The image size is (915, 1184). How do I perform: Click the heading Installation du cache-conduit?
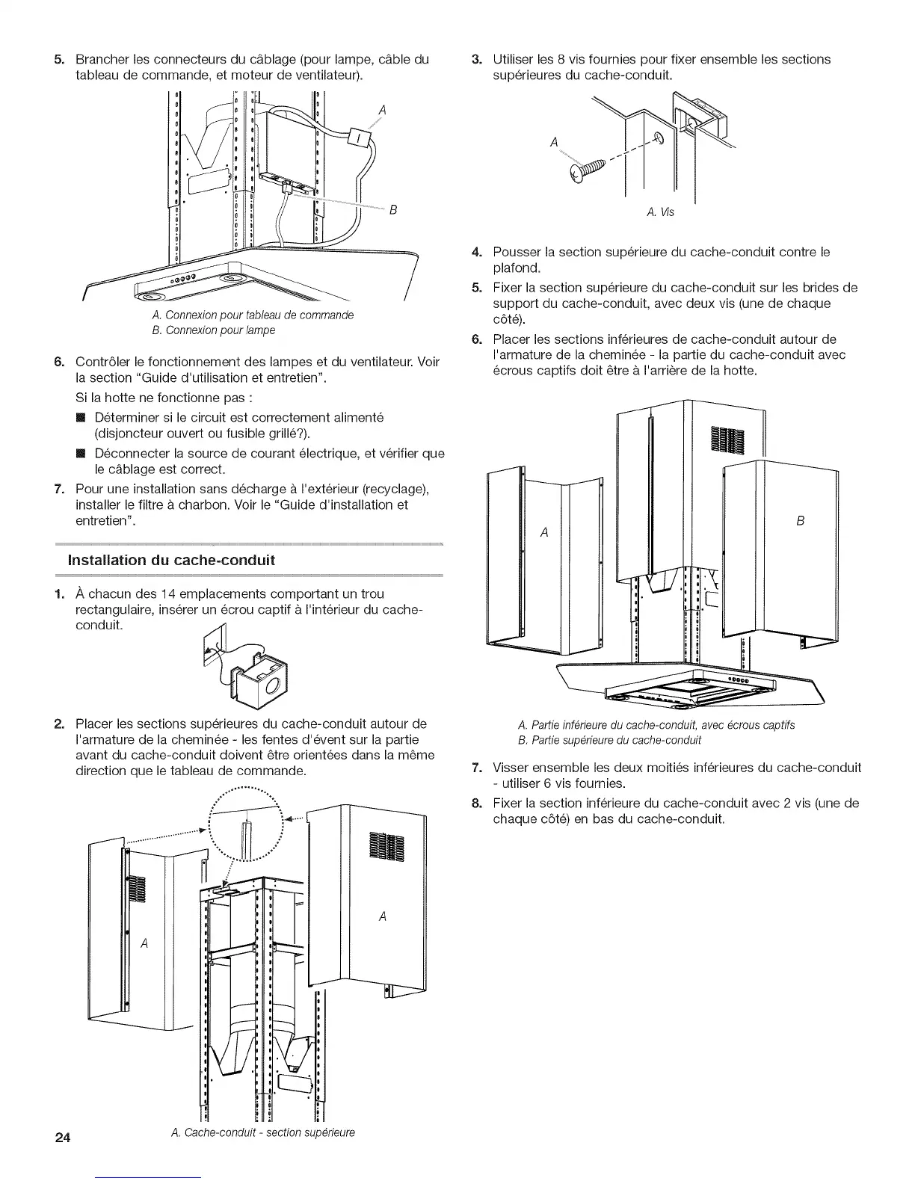click(x=171, y=560)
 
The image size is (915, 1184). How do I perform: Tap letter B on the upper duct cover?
click(x=801, y=521)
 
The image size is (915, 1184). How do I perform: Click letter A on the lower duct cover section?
click(x=544, y=532)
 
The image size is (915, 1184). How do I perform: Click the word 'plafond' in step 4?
click(x=516, y=268)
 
